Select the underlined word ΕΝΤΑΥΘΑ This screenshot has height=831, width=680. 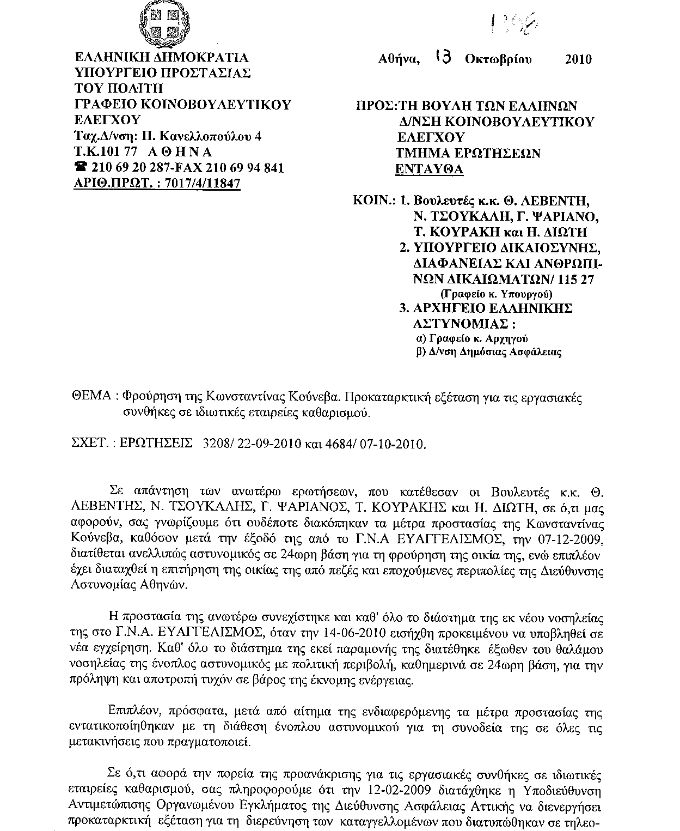coord(429,169)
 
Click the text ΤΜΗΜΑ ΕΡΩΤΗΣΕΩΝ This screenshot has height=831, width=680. coord(468,153)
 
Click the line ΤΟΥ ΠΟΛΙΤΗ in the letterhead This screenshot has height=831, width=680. coord(118,88)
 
